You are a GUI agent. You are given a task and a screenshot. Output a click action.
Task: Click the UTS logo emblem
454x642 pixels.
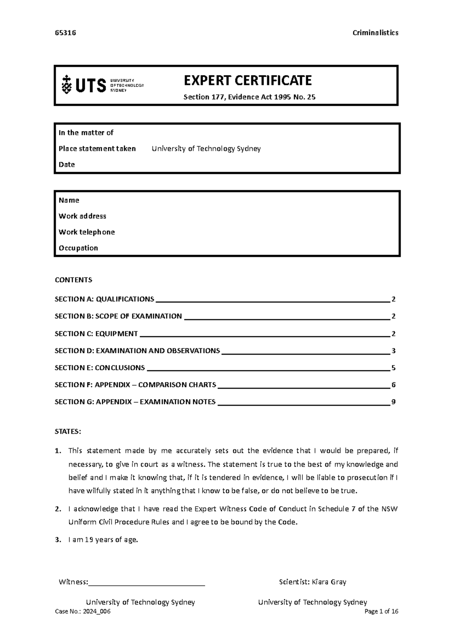click(x=67, y=85)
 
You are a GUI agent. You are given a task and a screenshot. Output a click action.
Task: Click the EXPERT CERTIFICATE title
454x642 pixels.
click(x=247, y=80)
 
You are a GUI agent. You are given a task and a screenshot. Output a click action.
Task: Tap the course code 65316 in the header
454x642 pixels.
click(x=65, y=33)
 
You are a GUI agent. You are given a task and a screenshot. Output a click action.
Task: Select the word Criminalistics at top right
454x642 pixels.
click(x=375, y=33)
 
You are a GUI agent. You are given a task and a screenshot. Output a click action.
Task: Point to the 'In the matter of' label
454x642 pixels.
click(x=86, y=133)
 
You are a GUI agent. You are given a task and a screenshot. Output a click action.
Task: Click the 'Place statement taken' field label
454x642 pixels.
click(x=97, y=149)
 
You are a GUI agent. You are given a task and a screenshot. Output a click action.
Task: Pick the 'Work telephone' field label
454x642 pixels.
click(x=87, y=232)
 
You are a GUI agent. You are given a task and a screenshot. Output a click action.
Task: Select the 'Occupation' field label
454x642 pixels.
click(x=78, y=248)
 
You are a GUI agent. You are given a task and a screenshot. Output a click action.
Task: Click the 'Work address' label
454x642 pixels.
click(x=82, y=216)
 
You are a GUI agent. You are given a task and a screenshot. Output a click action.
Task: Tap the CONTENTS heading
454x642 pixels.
click(x=73, y=280)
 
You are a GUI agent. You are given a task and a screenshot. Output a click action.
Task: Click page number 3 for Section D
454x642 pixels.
click(x=393, y=351)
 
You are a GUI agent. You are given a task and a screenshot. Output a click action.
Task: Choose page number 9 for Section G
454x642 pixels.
click(x=393, y=402)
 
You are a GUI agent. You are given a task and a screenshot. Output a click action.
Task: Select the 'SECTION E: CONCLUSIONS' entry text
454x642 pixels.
click(x=100, y=368)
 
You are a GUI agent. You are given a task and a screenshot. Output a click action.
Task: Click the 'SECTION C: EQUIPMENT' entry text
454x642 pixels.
click(x=96, y=334)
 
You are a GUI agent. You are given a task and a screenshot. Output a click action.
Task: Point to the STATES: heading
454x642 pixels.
click(x=68, y=432)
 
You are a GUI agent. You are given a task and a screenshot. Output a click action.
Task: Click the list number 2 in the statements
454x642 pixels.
click(x=58, y=509)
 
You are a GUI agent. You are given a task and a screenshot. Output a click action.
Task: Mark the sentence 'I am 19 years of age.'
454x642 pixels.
click(x=103, y=540)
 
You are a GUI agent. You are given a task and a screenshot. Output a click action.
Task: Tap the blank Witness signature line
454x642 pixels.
click(x=146, y=583)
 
